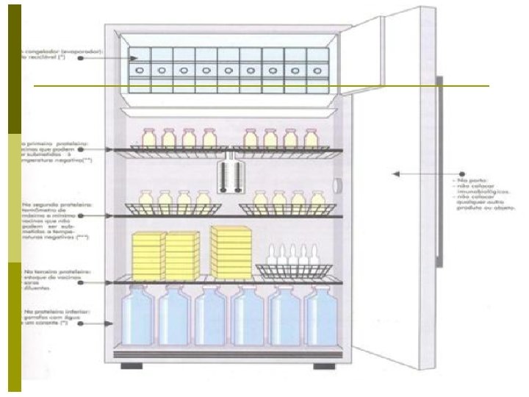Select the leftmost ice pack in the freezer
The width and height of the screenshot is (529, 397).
click(x=140, y=70)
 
